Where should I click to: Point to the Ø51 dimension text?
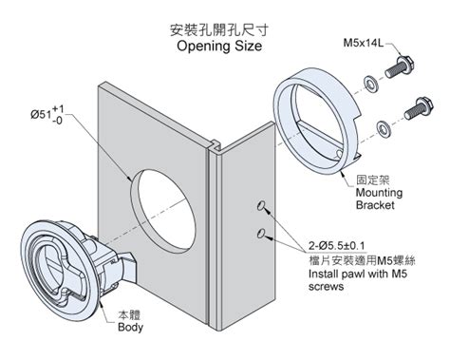(52, 117)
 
